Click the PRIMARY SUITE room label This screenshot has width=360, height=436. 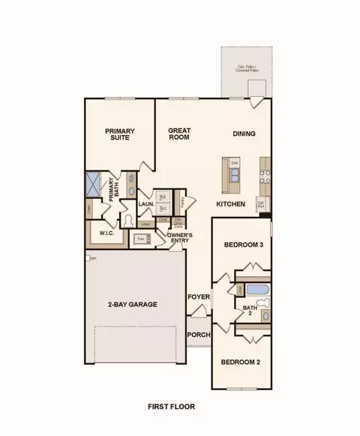[x=118, y=134]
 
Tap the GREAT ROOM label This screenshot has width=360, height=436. [x=179, y=134]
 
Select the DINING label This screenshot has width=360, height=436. [x=244, y=134]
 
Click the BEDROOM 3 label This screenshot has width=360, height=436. [x=243, y=245]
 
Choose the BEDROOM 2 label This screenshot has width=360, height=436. [x=240, y=362]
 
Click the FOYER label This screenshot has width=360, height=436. [x=197, y=296]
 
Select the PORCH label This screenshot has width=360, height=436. [x=198, y=335]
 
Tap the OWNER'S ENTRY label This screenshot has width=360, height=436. [x=180, y=239]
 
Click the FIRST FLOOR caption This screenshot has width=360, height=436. [x=171, y=406]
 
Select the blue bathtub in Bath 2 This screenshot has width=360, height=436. [x=256, y=289]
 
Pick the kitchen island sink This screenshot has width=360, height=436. [x=235, y=177]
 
